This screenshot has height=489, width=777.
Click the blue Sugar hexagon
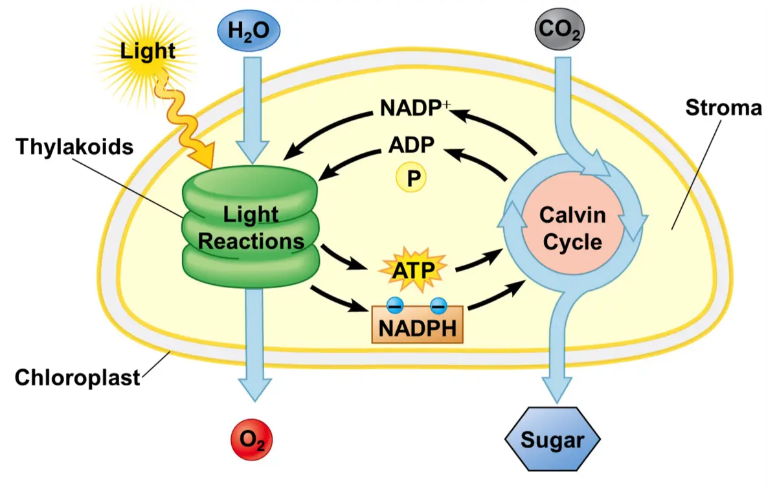(552, 440)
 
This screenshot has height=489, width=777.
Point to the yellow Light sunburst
(148, 50)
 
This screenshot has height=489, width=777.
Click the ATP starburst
(412, 269)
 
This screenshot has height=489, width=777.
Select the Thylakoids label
(74, 147)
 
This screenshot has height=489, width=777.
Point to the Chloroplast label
(77, 378)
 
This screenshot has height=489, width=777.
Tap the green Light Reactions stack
(251, 227)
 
